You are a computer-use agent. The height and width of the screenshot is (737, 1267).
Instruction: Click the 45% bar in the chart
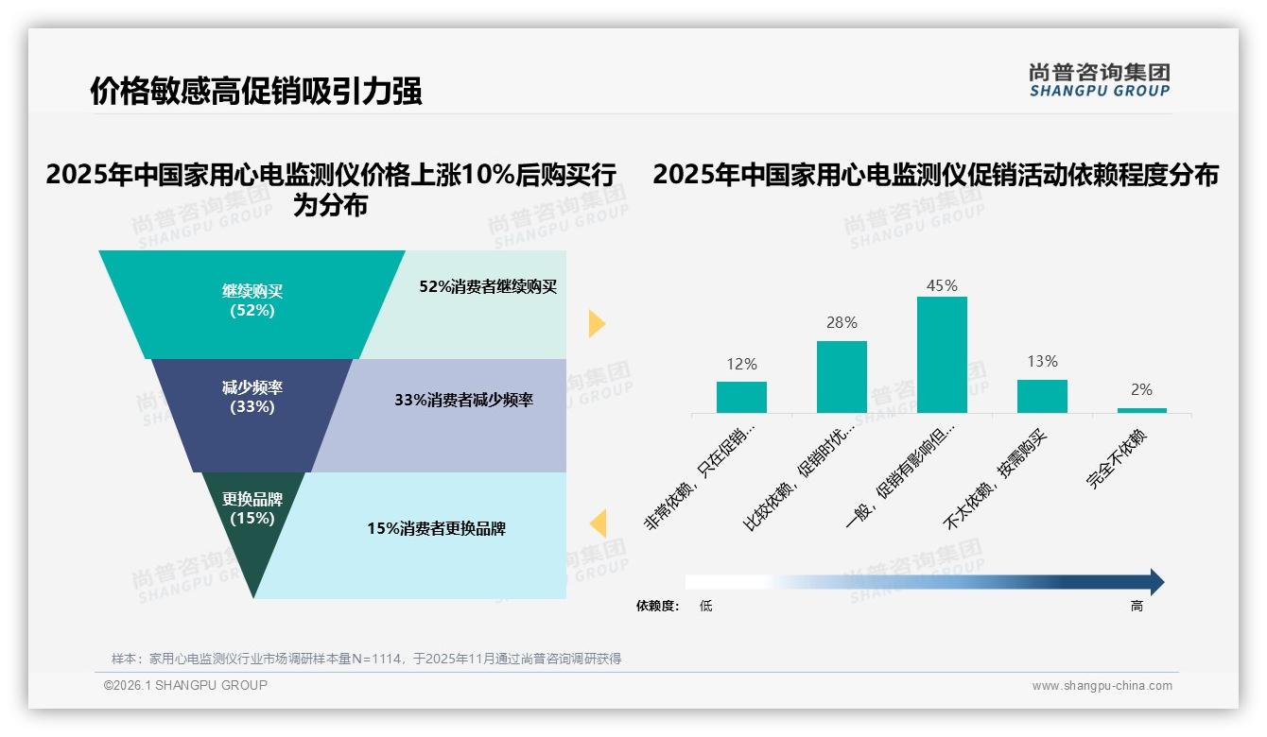(x=942, y=354)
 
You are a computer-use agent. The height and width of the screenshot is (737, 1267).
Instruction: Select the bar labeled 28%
(x=842, y=376)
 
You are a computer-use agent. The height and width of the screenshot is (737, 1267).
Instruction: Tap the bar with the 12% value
(x=741, y=397)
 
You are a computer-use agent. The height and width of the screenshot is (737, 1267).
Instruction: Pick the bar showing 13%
(x=1042, y=396)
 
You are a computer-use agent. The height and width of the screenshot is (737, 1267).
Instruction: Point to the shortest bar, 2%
(x=1141, y=410)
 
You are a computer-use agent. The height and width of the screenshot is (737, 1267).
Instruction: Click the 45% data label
(x=942, y=285)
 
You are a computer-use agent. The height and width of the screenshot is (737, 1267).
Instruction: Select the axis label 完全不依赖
(x=1117, y=459)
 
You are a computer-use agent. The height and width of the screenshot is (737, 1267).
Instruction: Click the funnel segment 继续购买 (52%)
(x=252, y=300)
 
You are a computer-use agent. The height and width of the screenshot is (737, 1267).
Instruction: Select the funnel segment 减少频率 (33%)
(x=252, y=397)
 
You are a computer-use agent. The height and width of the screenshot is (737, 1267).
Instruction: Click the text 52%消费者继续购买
(x=488, y=287)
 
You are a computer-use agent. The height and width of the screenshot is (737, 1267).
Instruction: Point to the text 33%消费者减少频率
(x=463, y=400)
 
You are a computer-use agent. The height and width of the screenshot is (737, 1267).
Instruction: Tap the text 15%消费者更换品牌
(x=436, y=528)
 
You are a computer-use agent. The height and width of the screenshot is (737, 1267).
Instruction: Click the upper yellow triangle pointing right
(x=596, y=323)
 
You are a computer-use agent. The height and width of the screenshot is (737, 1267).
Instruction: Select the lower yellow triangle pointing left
(x=598, y=523)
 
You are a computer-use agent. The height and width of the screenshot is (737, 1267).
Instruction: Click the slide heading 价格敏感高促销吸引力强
(x=255, y=91)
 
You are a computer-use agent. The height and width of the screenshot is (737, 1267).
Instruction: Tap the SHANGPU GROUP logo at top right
(x=1099, y=79)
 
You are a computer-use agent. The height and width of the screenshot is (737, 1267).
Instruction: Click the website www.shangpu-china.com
(x=1102, y=686)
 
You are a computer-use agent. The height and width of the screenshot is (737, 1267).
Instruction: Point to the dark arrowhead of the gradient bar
(x=1155, y=582)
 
